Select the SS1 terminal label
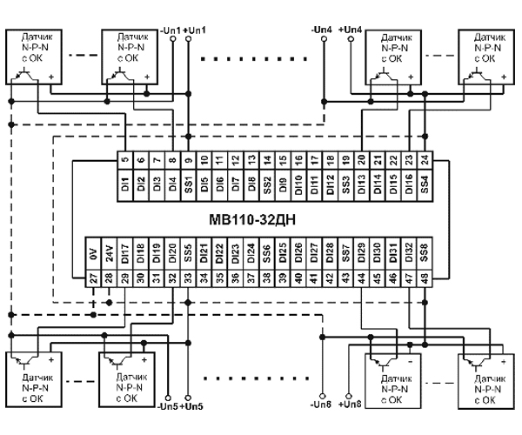187,184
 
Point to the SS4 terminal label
425,184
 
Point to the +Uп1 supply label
197,31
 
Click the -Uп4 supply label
321,31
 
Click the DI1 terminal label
125,184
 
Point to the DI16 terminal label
409,184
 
